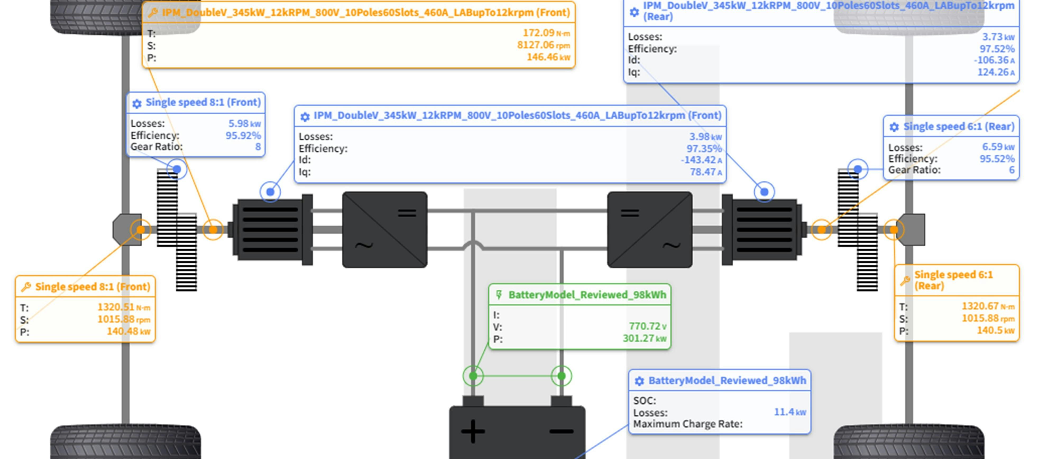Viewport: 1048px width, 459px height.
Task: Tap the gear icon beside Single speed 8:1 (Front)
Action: (137, 103)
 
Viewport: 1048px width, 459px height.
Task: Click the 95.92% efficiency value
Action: (243, 135)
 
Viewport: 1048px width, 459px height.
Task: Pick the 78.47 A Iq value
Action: (705, 172)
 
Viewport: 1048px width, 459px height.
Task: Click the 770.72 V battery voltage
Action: (647, 326)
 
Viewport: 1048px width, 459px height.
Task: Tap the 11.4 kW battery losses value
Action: (789, 412)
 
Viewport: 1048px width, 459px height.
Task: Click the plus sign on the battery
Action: (473, 431)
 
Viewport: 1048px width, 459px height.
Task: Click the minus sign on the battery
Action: (562, 431)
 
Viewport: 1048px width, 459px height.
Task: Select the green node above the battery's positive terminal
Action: (473, 376)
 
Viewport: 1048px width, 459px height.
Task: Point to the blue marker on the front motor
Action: (270, 191)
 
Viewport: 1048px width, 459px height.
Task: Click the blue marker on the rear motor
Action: (764, 191)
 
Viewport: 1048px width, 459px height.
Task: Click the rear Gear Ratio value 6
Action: (1012, 170)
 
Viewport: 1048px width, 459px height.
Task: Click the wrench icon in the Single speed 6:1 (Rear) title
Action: (905, 280)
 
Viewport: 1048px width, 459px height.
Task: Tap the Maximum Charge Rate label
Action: (688, 424)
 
